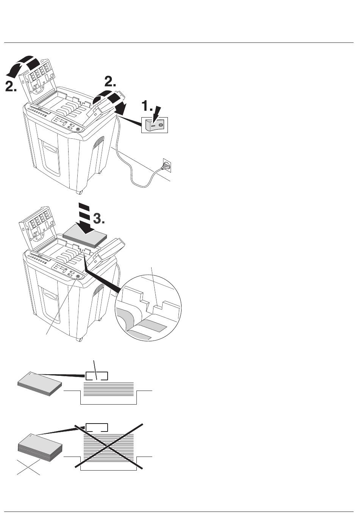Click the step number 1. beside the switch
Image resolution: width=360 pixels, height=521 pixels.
[147, 106]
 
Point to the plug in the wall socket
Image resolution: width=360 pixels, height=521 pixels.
[166, 166]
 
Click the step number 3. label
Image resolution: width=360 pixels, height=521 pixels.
[99, 218]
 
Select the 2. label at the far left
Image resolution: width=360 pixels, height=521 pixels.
[11, 86]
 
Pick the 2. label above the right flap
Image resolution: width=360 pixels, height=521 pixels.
[110, 82]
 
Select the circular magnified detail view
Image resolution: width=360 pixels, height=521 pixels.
[148, 308]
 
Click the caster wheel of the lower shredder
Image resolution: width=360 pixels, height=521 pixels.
[79, 339]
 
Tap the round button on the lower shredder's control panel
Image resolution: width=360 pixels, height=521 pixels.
[78, 276]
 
